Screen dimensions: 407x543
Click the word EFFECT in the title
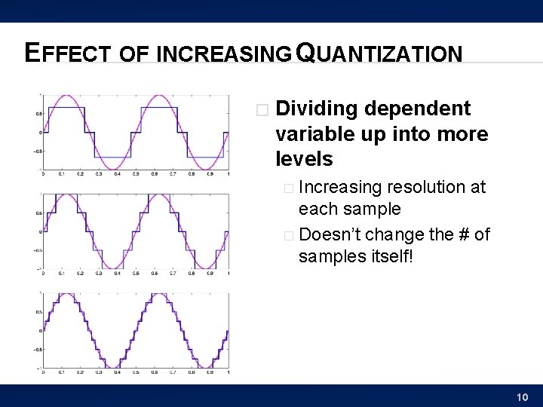pos(66,53)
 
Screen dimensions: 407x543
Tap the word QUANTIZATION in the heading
pos(379,53)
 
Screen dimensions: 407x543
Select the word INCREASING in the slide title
pos(224,54)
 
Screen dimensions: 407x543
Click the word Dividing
pos(317,109)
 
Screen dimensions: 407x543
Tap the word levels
pos(304,159)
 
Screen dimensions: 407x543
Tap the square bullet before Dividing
pos(262,110)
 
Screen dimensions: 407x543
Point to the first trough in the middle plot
pos(112,267)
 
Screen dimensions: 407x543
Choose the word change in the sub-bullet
pos(391,235)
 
